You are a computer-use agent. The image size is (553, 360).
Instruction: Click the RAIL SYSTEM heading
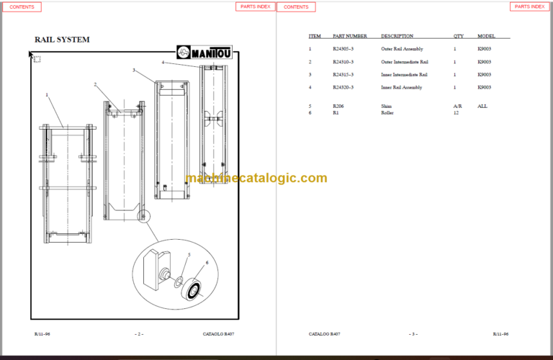point(62,40)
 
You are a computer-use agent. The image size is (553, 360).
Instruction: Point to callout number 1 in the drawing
point(47,94)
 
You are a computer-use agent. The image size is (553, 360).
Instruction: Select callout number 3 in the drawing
point(134,70)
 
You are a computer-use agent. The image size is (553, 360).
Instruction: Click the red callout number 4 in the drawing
point(163,63)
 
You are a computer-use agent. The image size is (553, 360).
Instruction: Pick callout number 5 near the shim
point(189,255)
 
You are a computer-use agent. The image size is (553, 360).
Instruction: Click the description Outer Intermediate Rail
point(405,61)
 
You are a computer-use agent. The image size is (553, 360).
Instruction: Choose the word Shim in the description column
point(386,106)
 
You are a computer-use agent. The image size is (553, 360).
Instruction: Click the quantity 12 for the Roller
point(456,113)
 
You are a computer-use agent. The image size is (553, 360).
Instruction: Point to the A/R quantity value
point(457,106)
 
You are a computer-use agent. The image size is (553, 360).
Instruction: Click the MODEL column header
point(486,35)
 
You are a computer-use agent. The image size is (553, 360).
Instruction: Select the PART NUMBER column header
point(350,35)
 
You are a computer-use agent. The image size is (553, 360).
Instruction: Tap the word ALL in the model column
point(482,106)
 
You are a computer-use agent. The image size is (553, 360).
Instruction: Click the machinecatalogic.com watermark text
point(256,179)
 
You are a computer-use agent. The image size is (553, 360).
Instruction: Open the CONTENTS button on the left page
point(22,6)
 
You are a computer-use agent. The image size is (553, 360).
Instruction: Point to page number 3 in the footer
point(413,334)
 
